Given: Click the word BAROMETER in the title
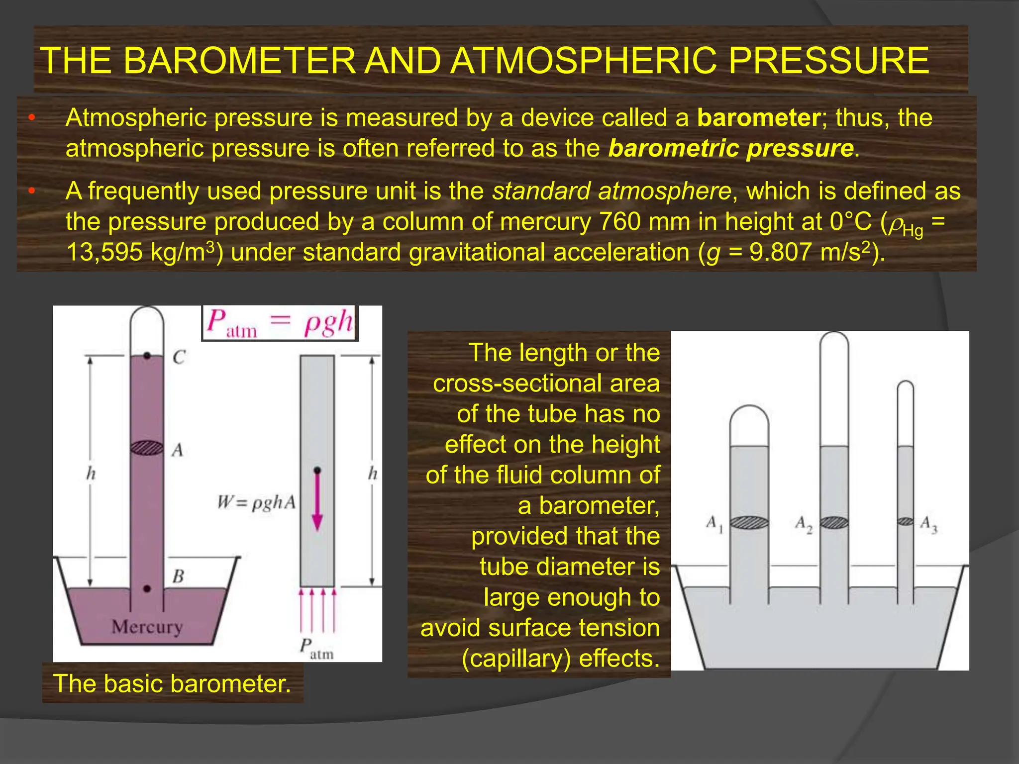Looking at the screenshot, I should (x=239, y=61).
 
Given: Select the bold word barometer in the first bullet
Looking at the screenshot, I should (x=758, y=118).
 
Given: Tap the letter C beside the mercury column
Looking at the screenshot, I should (x=179, y=357).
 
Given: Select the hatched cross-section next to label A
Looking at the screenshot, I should (x=147, y=448).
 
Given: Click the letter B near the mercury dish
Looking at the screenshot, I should (x=178, y=576).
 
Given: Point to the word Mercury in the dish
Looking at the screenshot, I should (x=147, y=627).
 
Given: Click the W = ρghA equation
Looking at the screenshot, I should (x=256, y=502).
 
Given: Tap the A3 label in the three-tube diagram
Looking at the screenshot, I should (x=928, y=524).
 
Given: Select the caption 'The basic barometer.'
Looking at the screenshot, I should (x=172, y=683).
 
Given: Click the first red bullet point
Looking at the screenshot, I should (x=31, y=118).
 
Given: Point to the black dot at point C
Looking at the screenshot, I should (x=147, y=356).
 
